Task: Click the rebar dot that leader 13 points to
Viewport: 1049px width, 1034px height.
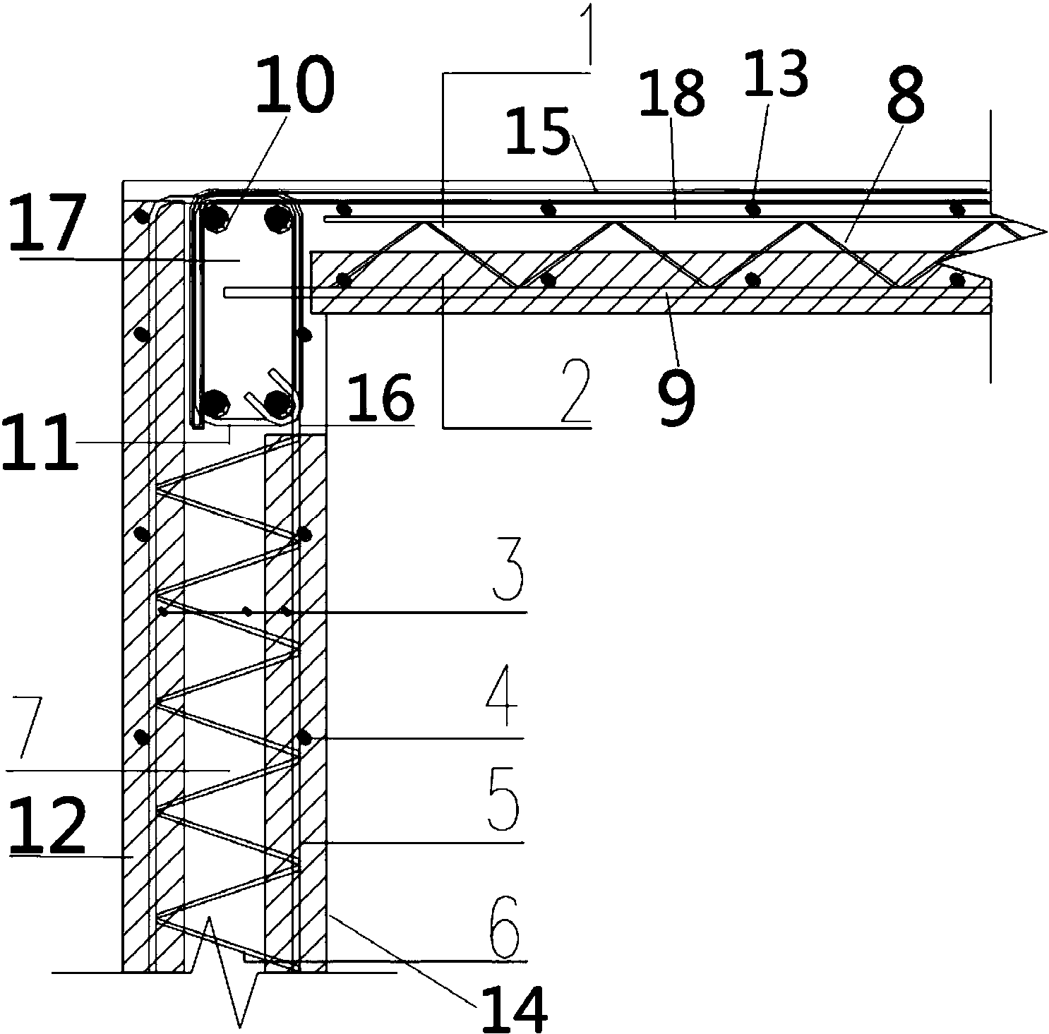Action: [x=754, y=209]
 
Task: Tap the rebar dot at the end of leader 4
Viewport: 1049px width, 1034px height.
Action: [x=305, y=738]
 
